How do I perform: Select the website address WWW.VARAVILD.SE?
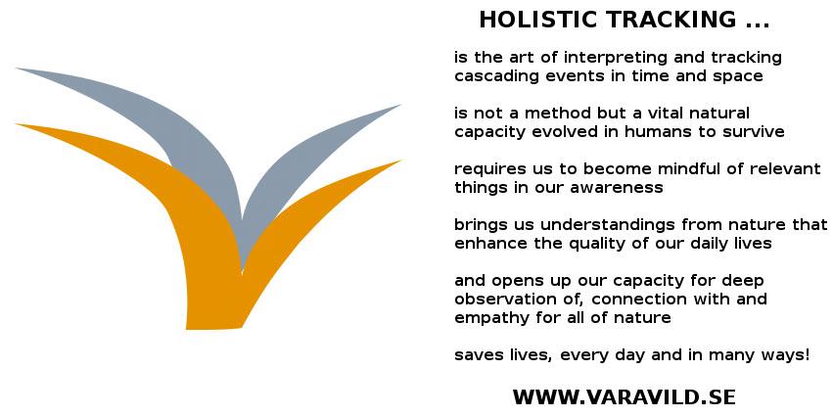[x=624, y=397]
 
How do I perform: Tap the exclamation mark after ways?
[x=807, y=354]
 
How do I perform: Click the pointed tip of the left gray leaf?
[x=17, y=69]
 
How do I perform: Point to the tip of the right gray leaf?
[x=399, y=105]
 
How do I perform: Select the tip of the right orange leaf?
[x=400, y=161]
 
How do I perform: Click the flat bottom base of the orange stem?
[x=213, y=327]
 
